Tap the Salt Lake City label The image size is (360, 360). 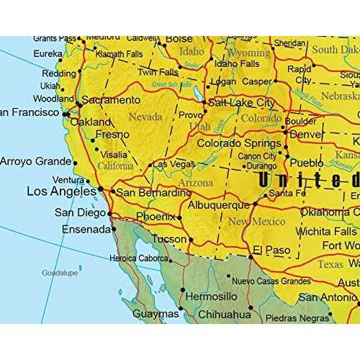pyautogui.click(x=242, y=103)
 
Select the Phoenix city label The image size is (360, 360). pyautogui.click(x=156, y=217)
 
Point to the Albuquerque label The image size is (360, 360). pyautogui.click(x=218, y=205)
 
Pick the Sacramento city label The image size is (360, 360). pyautogui.click(x=110, y=100)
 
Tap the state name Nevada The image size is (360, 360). pyautogui.click(x=145, y=117)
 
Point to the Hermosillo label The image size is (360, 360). pyautogui.click(x=210, y=296)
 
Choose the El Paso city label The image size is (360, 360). pyautogui.click(x=270, y=250)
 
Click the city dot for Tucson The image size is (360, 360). pyautogui.click(x=191, y=239)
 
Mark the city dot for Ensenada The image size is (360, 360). pyautogui.click(x=113, y=230)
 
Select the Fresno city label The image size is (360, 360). pyautogui.click(x=112, y=134)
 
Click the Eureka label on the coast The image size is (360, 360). pyautogui.click(x=48, y=53)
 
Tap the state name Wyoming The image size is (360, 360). pyautogui.click(x=249, y=53)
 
